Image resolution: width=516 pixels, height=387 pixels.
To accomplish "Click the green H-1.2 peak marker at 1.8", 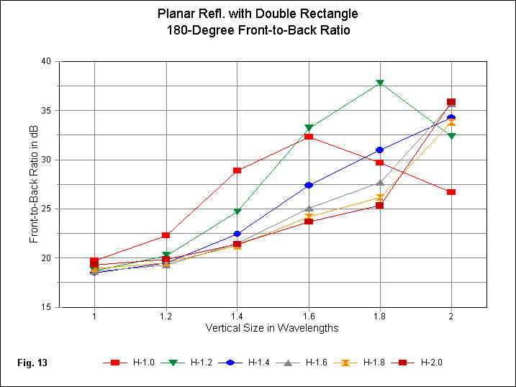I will pyautogui.click(x=380, y=83).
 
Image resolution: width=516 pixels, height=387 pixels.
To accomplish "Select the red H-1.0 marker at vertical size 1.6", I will pyautogui.click(x=309, y=136).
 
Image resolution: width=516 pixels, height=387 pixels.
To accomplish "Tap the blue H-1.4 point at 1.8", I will pyautogui.click(x=380, y=150).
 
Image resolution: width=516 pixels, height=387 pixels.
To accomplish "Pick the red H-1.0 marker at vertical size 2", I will pyautogui.click(x=451, y=192).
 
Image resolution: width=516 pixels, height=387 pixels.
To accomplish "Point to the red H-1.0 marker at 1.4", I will pyautogui.click(x=237, y=170).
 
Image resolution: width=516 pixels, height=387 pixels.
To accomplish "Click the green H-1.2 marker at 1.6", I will pyautogui.click(x=309, y=128).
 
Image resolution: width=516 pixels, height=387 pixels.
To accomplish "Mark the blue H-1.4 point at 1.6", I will pyautogui.click(x=309, y=185).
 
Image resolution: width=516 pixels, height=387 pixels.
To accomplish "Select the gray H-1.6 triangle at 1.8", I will pyautogui.click(x=380, y=183).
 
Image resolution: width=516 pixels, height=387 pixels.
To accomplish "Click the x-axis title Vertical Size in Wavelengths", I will pyautogui.click(x=273, y=328).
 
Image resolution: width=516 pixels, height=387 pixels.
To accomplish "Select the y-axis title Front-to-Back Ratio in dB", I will pyautogui.click(x=35, y=184).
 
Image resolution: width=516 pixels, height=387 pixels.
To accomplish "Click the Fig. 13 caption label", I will pyautogui.click(x=32, y=363).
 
